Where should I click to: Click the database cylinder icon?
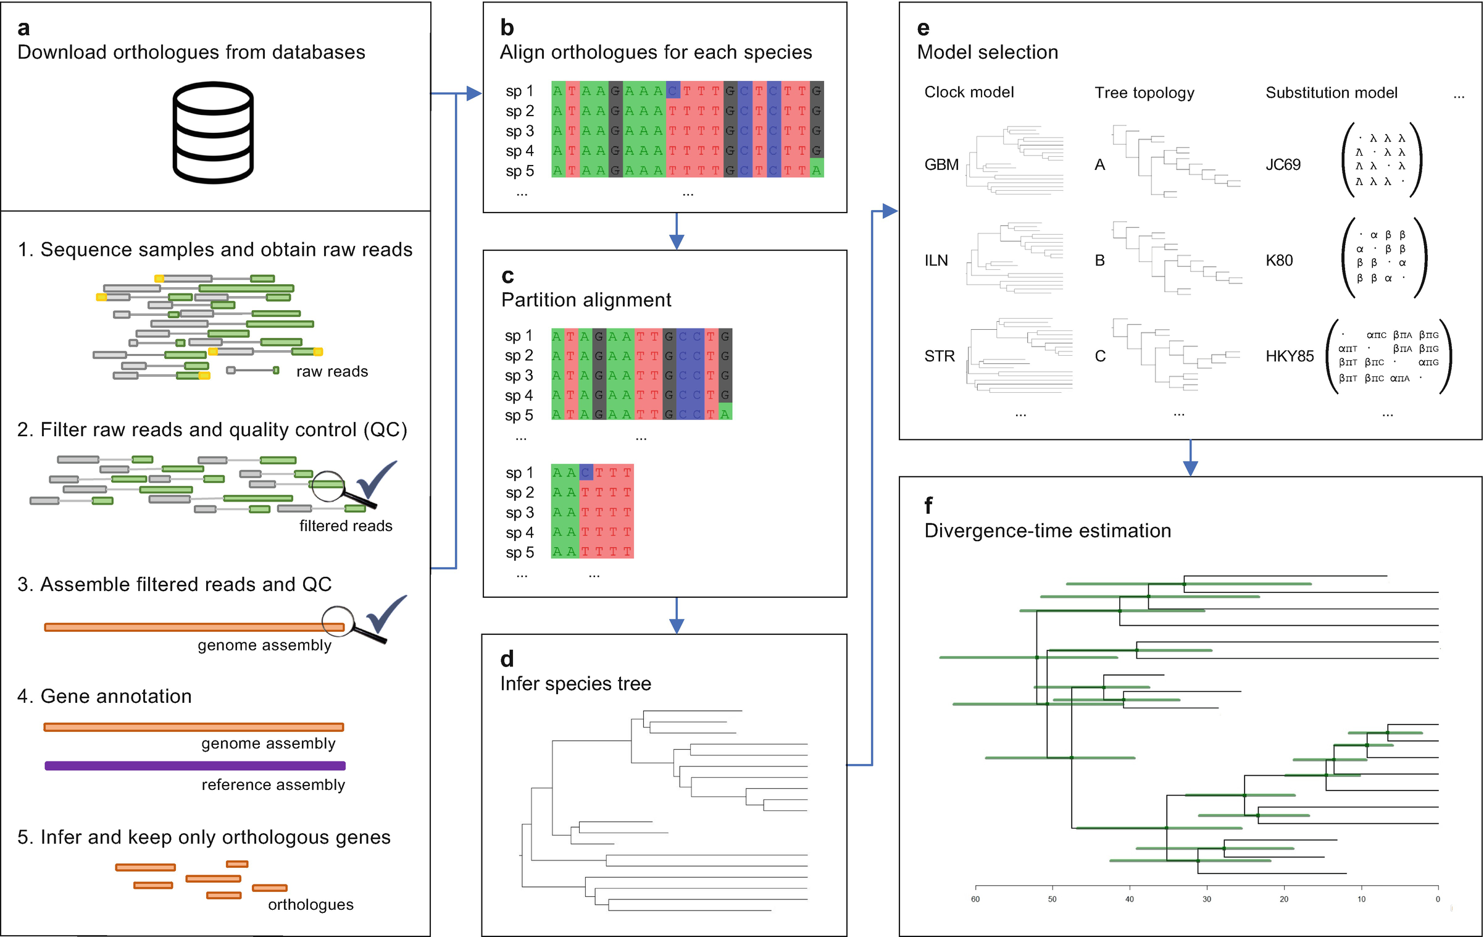[x=213, y=133]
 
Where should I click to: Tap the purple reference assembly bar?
[x=194, y=766]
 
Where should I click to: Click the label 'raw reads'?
[x=332, y=371]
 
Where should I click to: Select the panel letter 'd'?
[x=507, y=659]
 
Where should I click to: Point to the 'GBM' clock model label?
[x=941, y=165]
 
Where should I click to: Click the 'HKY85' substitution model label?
[x=1290, y=356]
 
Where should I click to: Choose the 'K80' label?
[x=1279, y=261]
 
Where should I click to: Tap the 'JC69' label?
[x=1283, y=165]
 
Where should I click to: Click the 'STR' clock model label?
[x=940, y=356]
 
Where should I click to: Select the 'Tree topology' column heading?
[x=1144, y=93]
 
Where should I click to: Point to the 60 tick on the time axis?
[x=975, y=899]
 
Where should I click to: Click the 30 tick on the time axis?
[x=1207, y=899]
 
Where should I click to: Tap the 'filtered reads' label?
[x=346, y=526]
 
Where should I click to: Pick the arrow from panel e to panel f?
[x=1190, y=459]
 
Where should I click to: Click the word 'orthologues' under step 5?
[x=311, y=904]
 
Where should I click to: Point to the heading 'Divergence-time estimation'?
[x=1048, y=531]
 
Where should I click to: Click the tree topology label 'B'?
[x=1100, y=261]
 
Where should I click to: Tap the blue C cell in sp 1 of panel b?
[x=673, y=90]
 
